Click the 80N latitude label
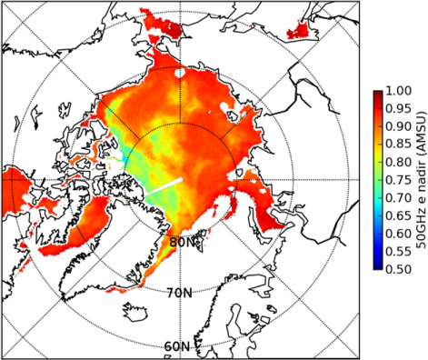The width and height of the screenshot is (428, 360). (x=181, y=242)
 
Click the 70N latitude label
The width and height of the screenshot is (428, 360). (x=180, y=293)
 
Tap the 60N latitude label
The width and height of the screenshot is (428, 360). (x=177, y=346)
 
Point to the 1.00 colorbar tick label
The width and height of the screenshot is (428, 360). (x=398, y=90)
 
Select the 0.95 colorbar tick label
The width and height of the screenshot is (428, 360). (x=398, y=108)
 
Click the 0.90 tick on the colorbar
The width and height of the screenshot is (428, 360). (x=398, y=126)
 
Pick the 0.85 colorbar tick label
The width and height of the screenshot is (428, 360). (x=398, y=144)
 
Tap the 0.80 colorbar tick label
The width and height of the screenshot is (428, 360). (x=398, y=162)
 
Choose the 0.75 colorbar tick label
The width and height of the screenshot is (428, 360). (x=398, y=180)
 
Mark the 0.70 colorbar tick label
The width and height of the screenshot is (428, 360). (x=398, y=197)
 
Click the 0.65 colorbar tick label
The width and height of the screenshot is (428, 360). (x=398, y=215)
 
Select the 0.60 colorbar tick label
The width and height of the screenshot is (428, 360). (x=398, y=234)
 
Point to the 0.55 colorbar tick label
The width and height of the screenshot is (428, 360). (x=398, y=251)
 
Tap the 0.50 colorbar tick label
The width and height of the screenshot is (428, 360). (x=398, y=269)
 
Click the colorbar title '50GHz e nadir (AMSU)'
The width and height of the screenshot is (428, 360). (x=421, y=180)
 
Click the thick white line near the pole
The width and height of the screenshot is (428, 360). (x=164, y=186)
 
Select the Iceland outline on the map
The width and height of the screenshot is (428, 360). (x=135, y=311)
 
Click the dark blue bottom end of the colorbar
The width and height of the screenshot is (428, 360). (x=378, y=266)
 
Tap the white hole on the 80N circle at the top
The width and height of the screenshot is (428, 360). (x=180, y=73)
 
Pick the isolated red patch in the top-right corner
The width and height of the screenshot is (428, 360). (x=299, y=31)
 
